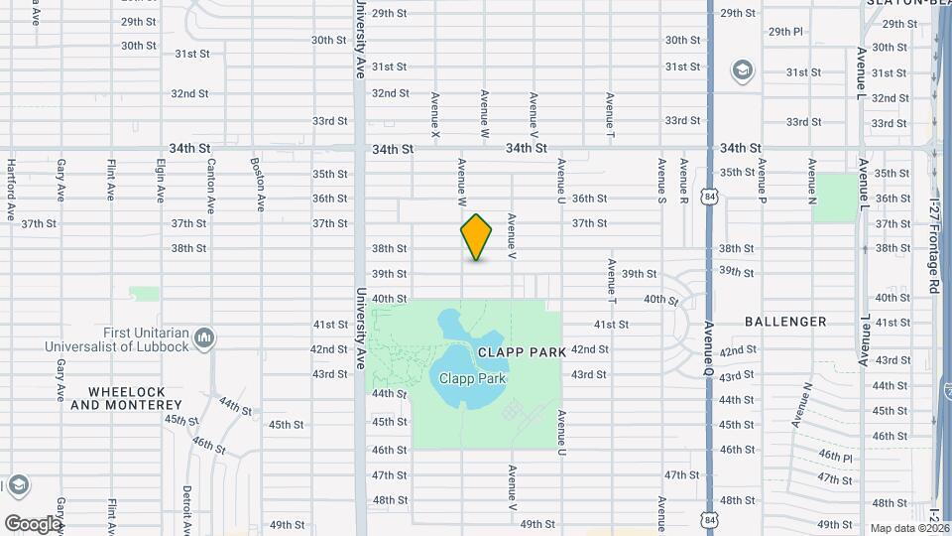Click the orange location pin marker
click(x=477, y=237)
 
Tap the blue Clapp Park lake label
click(x=473, y=378)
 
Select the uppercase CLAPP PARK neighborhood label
click(x=522, y=352)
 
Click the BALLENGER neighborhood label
click(x=785, y=322)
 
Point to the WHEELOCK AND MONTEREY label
click(x=127, y=398)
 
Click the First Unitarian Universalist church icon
click(x=204, y=338)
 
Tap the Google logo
click(x=32, y=524)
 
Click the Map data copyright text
click(x=909, y=528)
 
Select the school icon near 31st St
click(x=742, y=70)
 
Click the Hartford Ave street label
click(x=11, y=189)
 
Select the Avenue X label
click(x=435, y=114)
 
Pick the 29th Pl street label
click(x=784, y=32)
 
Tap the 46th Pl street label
click(x=835, y=458)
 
